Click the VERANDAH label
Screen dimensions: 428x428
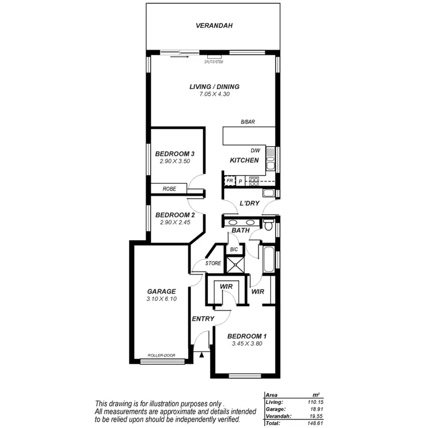pos(215,26)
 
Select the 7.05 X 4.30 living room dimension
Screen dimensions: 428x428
pos(215,94)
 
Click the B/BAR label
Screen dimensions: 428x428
pos(247,123)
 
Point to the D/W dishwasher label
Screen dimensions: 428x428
pos(255,151)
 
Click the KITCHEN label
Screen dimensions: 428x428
pos(244,161)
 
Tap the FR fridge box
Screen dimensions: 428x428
pos(229,181)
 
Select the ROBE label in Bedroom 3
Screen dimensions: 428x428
pos(169,189)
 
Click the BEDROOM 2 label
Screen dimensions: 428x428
pos(175,215)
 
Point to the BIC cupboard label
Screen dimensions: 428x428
pos(233,250)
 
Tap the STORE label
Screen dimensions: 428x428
pos(213,264)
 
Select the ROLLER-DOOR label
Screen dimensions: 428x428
pos(161,356)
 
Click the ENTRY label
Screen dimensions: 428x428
pos(203,318)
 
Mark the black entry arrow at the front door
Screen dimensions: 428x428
pos(201,355)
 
